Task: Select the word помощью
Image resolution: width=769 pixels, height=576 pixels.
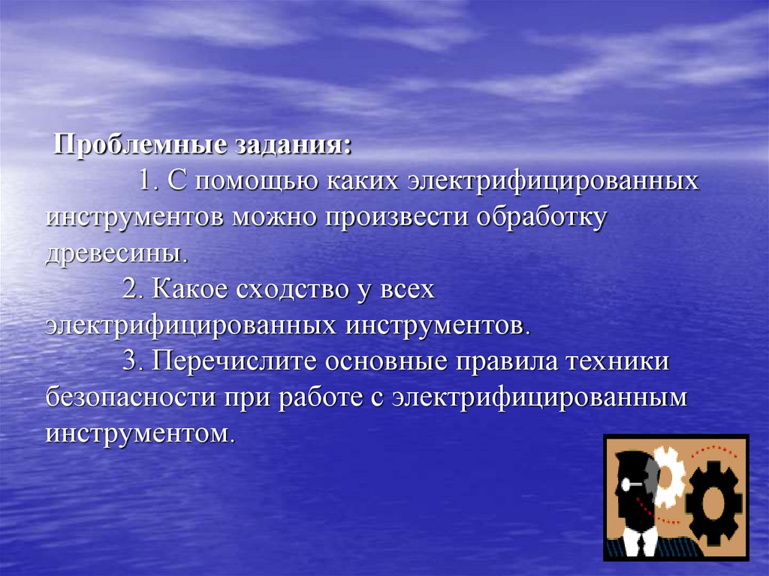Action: click(261, 182)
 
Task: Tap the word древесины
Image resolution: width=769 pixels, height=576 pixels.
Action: click(114, 252)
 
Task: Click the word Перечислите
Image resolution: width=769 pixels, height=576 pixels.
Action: click(234, 361)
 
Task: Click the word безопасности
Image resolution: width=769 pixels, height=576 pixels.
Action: click(128, 397)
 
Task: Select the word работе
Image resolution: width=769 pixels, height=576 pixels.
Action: click(320, 397)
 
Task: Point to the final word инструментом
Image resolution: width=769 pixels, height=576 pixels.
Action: click(135, 433)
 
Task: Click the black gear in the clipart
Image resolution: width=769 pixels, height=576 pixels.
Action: click(713, 501)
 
